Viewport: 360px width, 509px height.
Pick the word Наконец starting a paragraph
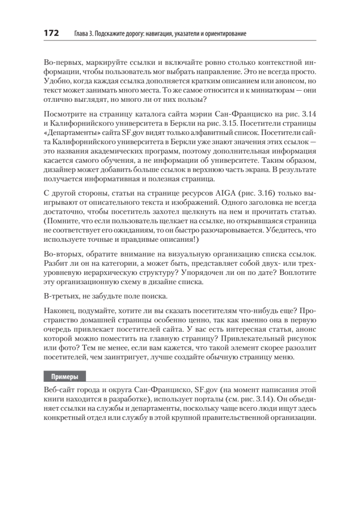(58, 311)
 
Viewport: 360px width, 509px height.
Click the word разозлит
(299, 349)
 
